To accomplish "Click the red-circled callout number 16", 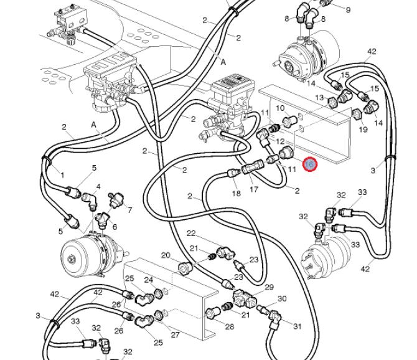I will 310,164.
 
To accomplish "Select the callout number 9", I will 348,10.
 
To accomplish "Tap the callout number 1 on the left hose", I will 62,176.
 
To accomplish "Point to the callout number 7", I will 129,211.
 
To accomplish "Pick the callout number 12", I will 279,143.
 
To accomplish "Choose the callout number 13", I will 319,98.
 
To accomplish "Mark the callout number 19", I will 363,130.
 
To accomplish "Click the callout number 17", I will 253,189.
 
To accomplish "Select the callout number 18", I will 236,194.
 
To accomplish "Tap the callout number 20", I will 166,255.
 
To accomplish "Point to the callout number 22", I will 192,234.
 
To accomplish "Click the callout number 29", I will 269,287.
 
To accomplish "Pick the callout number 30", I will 282,299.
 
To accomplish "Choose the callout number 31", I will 297,326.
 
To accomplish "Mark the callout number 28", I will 229,327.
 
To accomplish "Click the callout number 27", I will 175,335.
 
